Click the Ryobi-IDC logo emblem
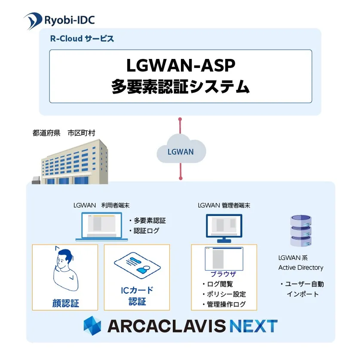(x=33, y=21)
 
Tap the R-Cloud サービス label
(x=82, y=38)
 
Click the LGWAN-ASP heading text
(x=181, y=65)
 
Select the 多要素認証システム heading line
(x=181, y=86)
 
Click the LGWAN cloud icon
(x=181, y=149)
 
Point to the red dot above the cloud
(x=180, y=119)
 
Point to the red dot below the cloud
(x=181, y=178)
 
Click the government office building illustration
(x=70, y=162)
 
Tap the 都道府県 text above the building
(x=46, y=133)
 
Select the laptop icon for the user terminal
(x=101, y=227)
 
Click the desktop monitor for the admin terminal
(x=224, y=228)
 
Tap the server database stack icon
(x=301, y=231)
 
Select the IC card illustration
(x=137, y=265)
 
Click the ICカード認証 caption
(x=137, y=295)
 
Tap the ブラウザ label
(x=223, y=274)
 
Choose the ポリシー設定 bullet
(x=224, y=294)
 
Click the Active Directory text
(x=301, y=268)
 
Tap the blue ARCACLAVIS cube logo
(x=92, y=326)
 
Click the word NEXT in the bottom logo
(x=254, y=326)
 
